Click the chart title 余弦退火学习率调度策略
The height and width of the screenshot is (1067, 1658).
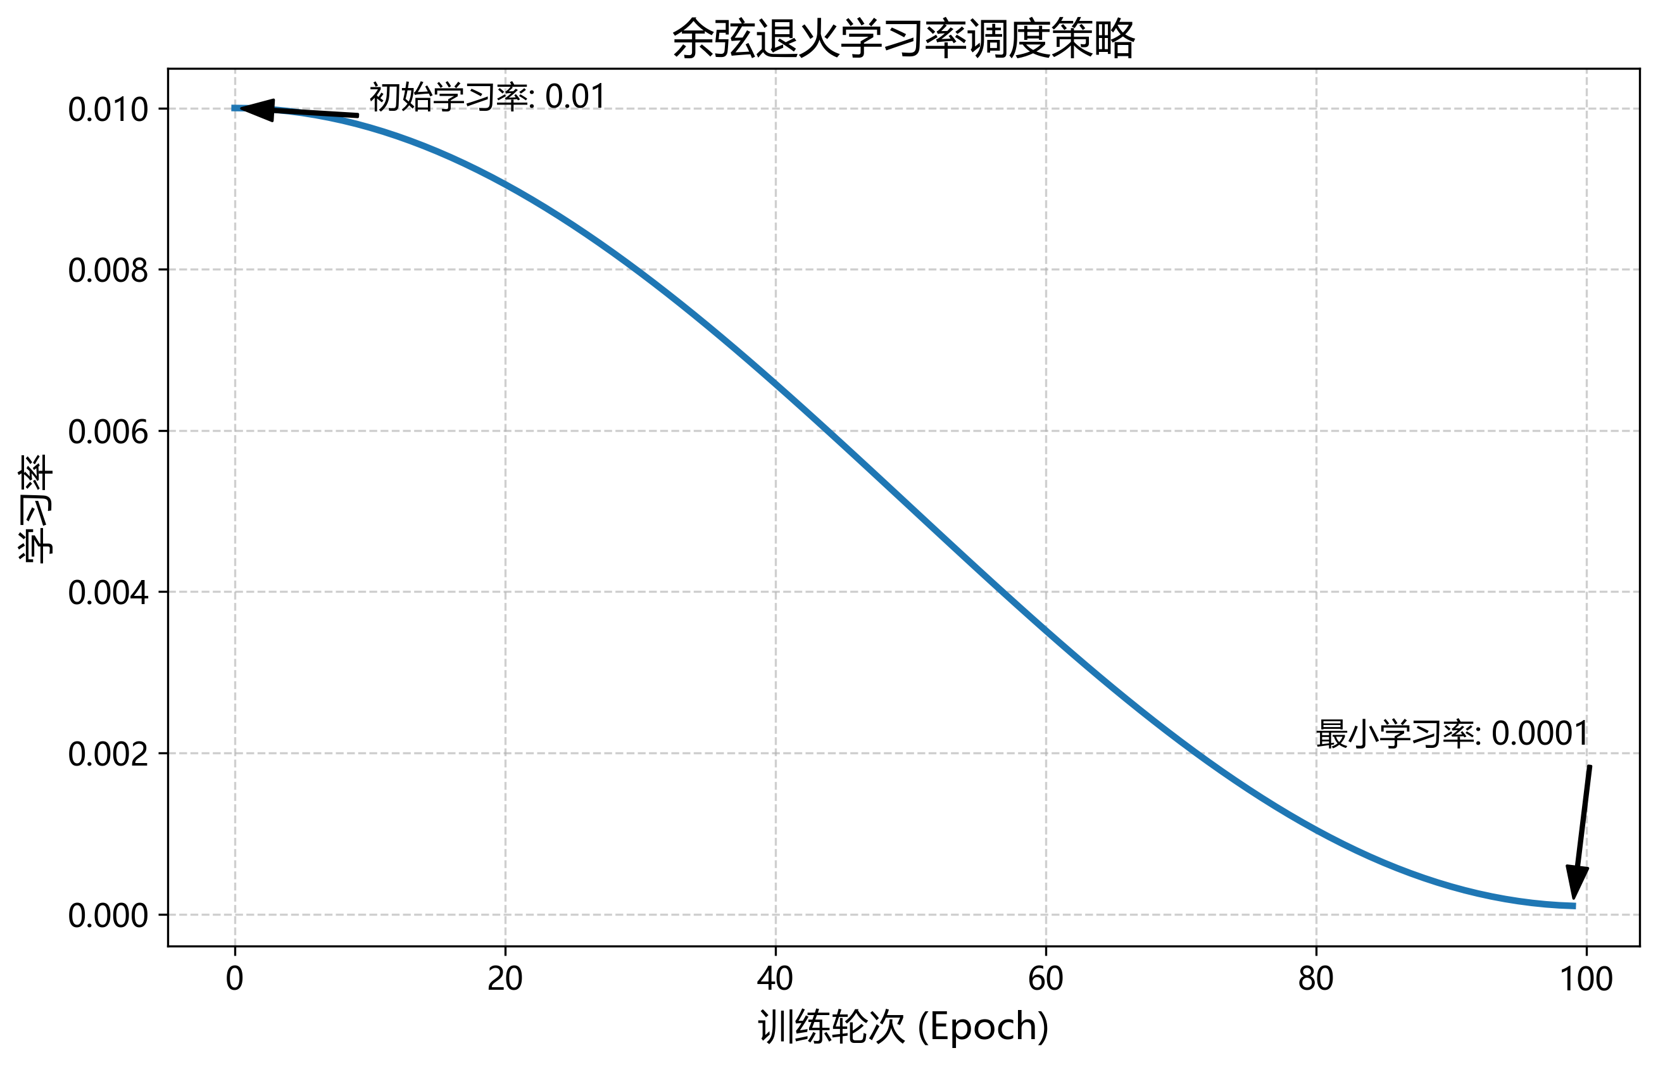[x=903, y=39]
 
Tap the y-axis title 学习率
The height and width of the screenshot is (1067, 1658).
[x=35, y=508]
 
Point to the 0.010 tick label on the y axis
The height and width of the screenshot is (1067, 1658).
[x=108, y=110]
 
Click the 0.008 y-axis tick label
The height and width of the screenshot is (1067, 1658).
[x=108, y=270]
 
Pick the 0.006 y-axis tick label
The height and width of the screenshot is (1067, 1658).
[x=108, y=432]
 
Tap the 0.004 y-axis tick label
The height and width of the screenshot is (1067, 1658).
[x=108, y=593]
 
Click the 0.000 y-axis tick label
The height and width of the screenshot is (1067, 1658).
[x=108, y=915]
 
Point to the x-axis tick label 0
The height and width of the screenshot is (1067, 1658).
[x=235, y=979]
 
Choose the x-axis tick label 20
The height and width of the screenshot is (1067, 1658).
[x=505, y=979]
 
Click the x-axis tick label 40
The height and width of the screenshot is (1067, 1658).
[x=775, y=979]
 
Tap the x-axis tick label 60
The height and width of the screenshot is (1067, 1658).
[x=1045, y=979]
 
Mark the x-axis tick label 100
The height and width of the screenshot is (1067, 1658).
[x=1586, y=979]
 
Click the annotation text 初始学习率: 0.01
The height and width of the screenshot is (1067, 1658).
[x=487, y=96]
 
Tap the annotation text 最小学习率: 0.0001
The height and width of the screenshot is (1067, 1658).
[x=1452, y=734]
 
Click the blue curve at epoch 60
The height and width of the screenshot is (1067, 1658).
[x=1046, y=631]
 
